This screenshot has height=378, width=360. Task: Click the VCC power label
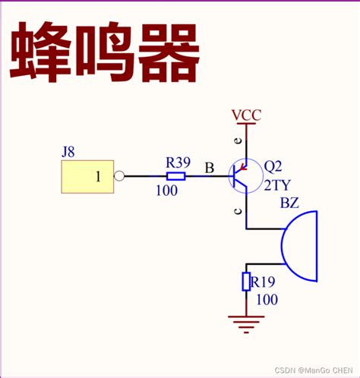click(246, 116)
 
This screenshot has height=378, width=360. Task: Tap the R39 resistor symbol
click(175, 176)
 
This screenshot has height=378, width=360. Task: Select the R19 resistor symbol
click(246, 282)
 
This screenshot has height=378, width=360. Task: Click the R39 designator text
click(178, 162)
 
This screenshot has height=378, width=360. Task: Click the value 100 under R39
click(166, 191)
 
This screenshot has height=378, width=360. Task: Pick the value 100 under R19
click(267, 300)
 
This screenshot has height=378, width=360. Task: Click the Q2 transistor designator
click(273, 167)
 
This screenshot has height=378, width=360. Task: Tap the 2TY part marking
click(277, 184)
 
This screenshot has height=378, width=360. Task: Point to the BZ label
click(289, 203)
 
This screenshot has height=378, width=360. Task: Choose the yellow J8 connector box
click(87, 177)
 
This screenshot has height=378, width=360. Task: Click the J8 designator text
click(68, 152)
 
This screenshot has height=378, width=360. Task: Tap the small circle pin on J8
click(119, 177)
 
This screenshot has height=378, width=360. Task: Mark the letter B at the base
click(209, 169)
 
